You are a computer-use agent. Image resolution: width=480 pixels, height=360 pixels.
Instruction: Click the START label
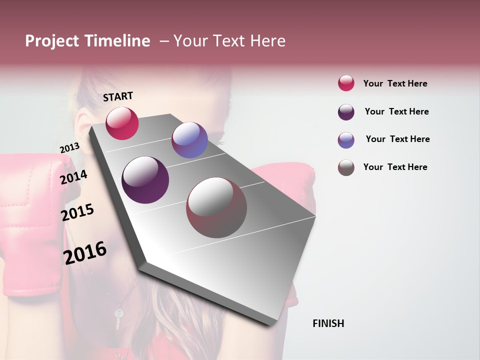[x=118, y=96]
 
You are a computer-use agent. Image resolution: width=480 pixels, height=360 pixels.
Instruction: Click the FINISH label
[x=328, y=323]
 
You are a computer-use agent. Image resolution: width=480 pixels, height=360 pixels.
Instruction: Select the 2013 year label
[x=69, y=147]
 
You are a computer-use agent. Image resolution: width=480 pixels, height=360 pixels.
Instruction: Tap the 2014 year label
[x=73, y=177]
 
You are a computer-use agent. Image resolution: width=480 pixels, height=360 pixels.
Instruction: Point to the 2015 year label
[x=77, y=212]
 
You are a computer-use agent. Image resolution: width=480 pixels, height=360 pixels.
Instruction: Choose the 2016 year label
[x=85, y=253]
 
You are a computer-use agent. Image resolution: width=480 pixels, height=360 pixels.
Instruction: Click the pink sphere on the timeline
[x=122, y=123]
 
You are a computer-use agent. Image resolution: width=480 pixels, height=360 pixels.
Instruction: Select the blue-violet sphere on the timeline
[x=189, y=140]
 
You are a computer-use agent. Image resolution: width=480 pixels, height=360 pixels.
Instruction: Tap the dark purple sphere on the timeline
[x=145, y=180]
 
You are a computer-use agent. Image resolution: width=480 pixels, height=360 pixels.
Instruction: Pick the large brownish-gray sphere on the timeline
[x=216, y=207]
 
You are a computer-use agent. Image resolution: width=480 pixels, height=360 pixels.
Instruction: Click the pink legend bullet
[x=346, y=83]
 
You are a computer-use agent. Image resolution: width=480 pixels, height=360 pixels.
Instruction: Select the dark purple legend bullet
[x=346, y=112]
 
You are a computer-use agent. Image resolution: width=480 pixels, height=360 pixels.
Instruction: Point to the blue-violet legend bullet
[x=346, y=140]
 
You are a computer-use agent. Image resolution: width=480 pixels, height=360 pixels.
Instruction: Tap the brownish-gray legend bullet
[x=346, y=167]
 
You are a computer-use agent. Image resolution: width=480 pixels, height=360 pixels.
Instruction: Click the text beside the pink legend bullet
[x=395, y=83]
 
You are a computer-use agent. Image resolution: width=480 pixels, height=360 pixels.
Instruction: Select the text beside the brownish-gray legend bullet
[x=395, y=167]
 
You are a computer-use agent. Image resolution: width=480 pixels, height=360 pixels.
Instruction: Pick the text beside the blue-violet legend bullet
[x=397, y=139]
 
